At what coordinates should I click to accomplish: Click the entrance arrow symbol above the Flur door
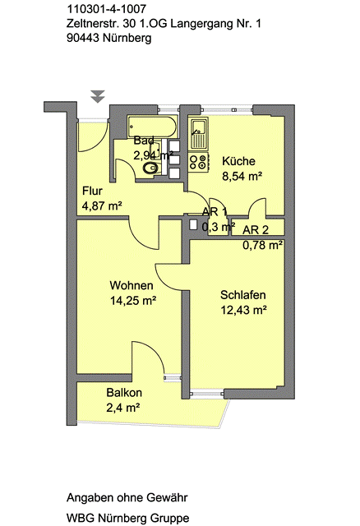point(98,97)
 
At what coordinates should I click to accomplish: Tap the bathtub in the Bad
point(152,127)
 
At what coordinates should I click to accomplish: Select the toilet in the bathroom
point(152,168)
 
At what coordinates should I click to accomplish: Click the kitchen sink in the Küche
point(199,134)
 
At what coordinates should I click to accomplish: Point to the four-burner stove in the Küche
point(199,162)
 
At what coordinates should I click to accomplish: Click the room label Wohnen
point(132,285)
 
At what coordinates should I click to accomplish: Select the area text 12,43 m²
point(243,310)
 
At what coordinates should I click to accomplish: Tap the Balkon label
point(124,393)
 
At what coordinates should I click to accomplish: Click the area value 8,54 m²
point(242,176)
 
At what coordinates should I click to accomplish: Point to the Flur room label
point(92,191)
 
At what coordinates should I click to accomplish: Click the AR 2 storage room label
point(256,230)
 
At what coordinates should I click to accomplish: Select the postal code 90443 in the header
point(83,39)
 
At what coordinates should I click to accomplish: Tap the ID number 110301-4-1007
point(107,9)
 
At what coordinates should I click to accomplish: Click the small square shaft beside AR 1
point(193,224)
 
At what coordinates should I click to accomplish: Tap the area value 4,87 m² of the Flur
point(102,205)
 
